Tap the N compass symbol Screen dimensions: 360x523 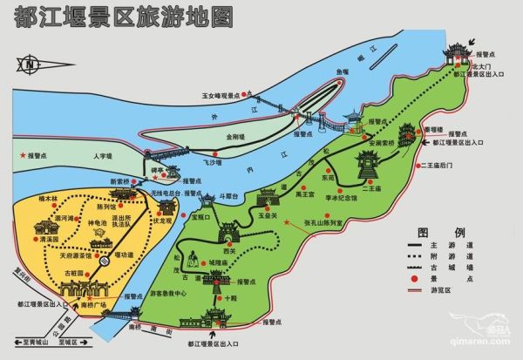point(31,63)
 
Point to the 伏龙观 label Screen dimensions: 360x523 point(188,221)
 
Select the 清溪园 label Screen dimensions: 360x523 point(50,237)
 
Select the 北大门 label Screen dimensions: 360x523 point(483,65)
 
